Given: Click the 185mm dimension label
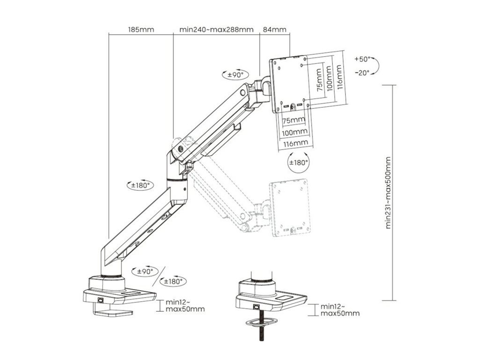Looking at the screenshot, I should coord(141,30).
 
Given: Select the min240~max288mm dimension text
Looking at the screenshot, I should coord(217,30).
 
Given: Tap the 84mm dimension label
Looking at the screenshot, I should coord(275,30).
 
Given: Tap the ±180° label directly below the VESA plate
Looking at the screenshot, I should coord(298,162).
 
